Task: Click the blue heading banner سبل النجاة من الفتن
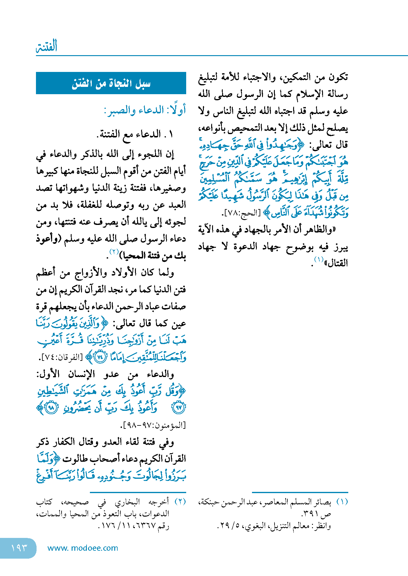click(x=111, y=83)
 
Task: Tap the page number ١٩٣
click(x=19, y=548)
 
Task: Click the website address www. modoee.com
click(x=83, y=548)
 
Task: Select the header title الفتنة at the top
click(x=47, y=47)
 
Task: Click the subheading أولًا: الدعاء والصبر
click(x=145, y=110)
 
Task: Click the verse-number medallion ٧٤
click(x=100, y=357)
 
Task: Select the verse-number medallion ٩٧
click(x=179, y=408)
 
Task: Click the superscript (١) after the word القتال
click(x=318, y=260)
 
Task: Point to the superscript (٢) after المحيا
click(x=114, y=252)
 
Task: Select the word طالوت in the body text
click(x=73, y=459)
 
